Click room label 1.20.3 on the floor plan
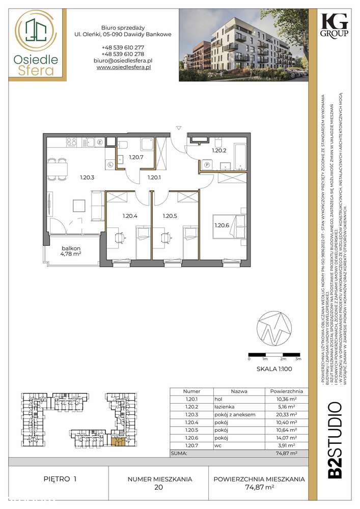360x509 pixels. pyautogui.click(x=88, y=178)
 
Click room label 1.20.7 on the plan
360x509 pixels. pyautogui.click(x=136, y=158)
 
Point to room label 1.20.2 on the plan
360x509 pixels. pyautogui.click(x=219, y=151)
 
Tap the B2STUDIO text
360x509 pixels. pyautogui.click(x=334, y=440)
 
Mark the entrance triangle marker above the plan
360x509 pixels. pyautogui.click(x=178, y=127)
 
